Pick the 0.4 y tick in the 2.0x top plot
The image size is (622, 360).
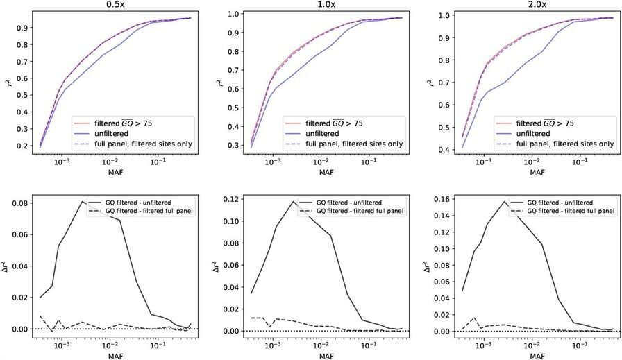(442, 147)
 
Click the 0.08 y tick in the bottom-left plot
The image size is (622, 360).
(22, 203)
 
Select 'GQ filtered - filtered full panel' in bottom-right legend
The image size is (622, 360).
(571, 209)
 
